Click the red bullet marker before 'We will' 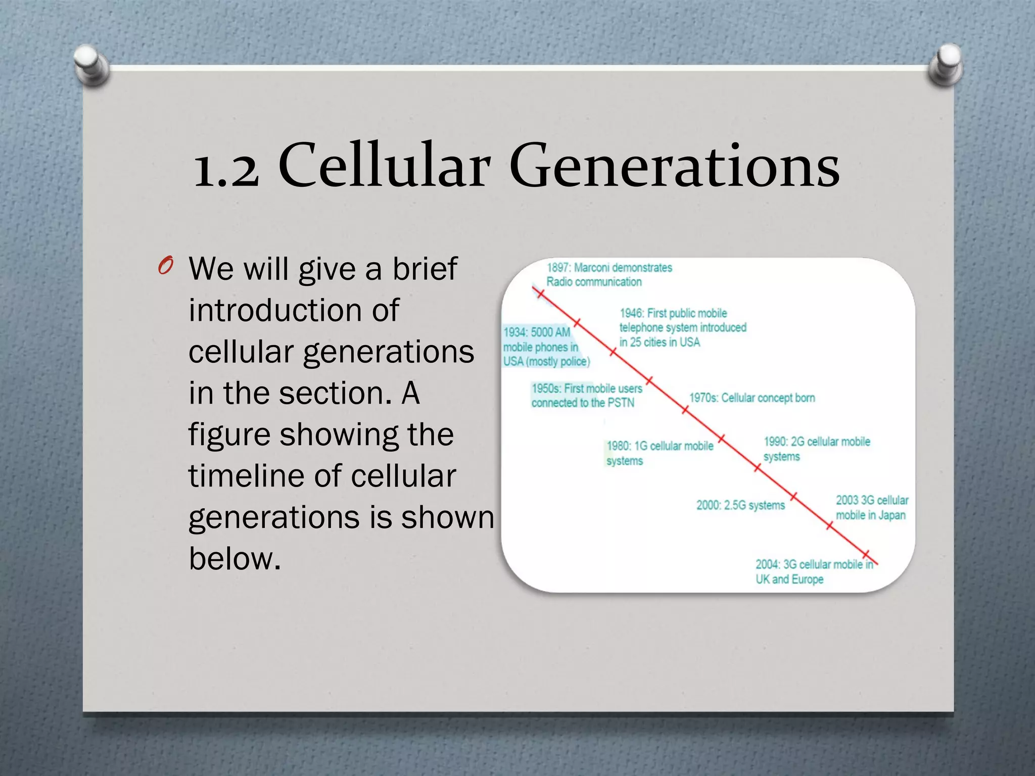[165, 266]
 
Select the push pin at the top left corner [91, 64]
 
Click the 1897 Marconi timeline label [608, 274]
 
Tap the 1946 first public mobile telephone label [682, 327]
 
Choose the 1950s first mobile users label [586, 395]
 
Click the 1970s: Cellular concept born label [751, 398]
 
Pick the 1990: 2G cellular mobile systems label [816, 449]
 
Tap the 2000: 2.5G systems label [740, 505]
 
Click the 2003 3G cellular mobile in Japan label [871, 507]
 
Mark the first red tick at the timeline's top [540, 294]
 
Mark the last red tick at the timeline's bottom [866, 554]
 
